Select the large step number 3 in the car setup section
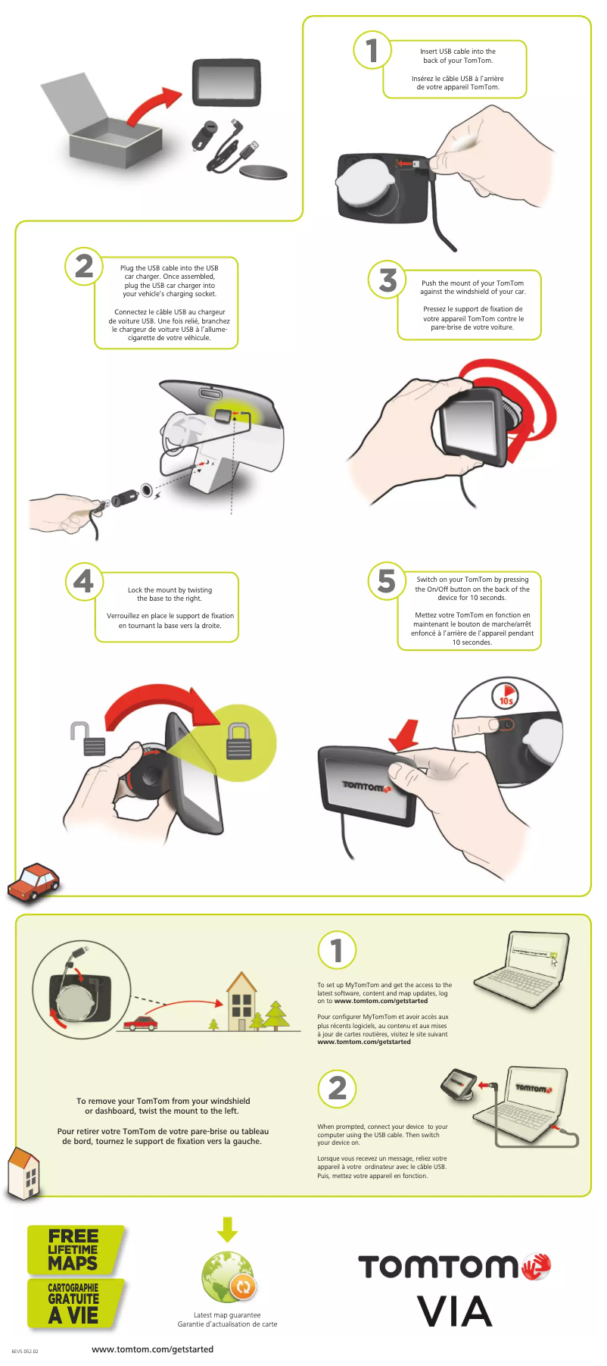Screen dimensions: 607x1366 point(388,280)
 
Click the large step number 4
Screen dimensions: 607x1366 point(84,581)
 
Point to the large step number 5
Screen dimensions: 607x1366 point(387,581)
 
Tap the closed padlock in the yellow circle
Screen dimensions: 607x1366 point(239,740)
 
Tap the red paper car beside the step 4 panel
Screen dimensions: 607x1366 point(34,881)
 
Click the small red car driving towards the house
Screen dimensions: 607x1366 point(141,1024)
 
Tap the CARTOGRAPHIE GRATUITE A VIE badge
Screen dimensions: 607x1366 point(75,1303)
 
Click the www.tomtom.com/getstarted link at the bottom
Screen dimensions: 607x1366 point(152,1349)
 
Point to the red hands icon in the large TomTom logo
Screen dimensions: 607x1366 point(536,1266)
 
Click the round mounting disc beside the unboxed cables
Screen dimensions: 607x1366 point(264,172)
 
